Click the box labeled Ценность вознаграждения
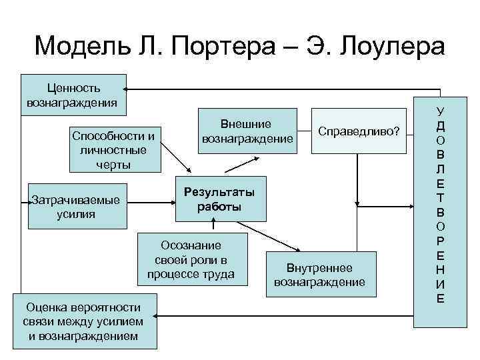tap(73, 95)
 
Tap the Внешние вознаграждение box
tap(247, 132)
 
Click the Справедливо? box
tap(359, 131)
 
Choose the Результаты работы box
tap(219, 199)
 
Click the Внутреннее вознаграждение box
tap(319, 275)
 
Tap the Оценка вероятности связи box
tap(83, 321)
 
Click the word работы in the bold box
tap(219, 207)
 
